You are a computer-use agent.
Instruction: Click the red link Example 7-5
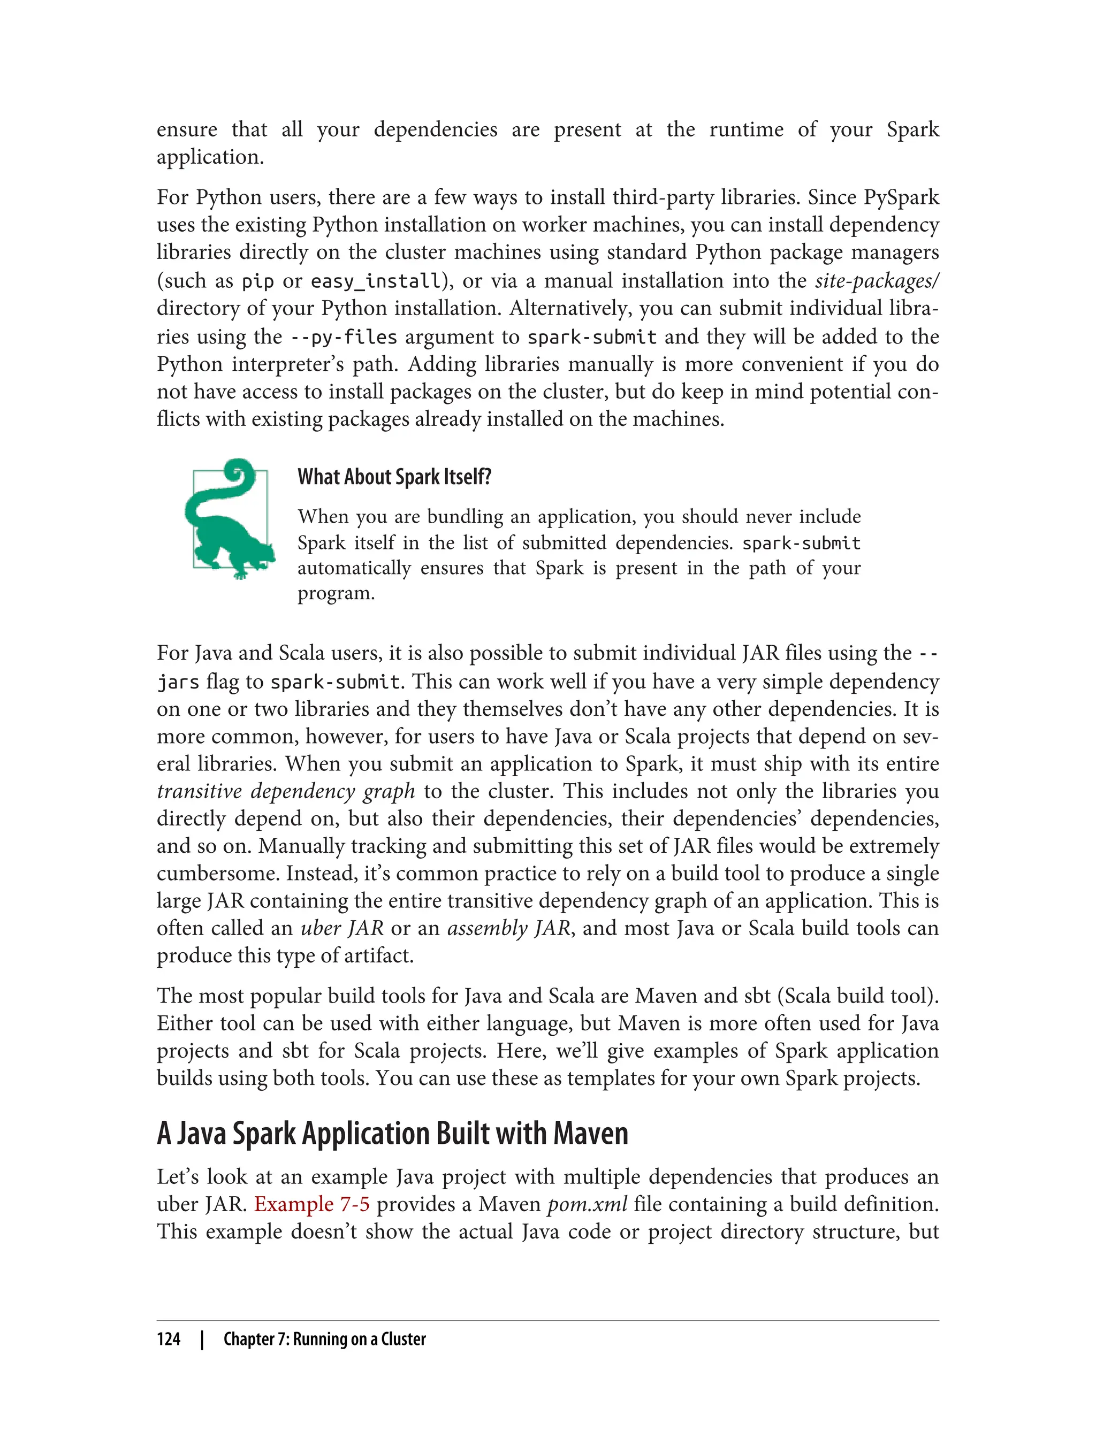[x=312, y=1204]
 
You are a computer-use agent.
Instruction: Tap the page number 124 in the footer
[x=169, y=1340]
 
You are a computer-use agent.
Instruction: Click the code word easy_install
[x=375, y=281]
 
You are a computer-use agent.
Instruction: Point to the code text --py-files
[x=343, y=336]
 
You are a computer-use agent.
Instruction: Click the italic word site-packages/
[x=876, y=280]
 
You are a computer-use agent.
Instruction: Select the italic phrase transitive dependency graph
[x=286, y=791]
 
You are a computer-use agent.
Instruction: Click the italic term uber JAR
[x=342, y=928]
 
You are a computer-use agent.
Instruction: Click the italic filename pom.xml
[x=587, y=1204]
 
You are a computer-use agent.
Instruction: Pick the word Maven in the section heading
[x=590, y=1134]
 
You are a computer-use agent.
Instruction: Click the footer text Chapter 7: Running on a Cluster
[x=324, y=1340]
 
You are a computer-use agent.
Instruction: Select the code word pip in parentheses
[x=258, y=281]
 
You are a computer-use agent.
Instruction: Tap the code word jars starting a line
[x=178, y=682]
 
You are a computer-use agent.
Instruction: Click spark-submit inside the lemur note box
[x=801, y=542]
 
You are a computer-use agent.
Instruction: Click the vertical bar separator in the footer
[x=202, y=1340]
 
